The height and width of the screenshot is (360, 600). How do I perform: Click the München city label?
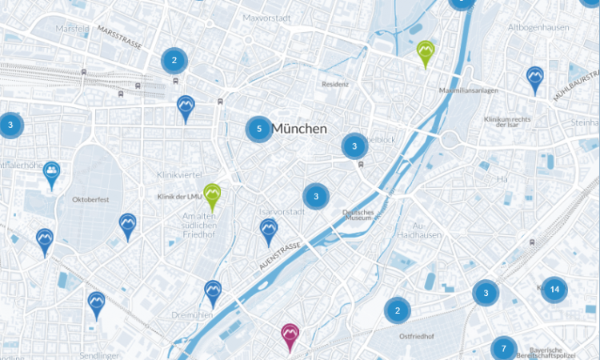point(299,129)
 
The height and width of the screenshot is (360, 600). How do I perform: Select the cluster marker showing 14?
point(554,290)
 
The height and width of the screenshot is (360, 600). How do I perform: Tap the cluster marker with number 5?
point(258,129)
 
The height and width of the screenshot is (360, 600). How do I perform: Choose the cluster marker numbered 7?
point(503,349)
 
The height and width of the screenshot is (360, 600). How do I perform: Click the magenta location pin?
point(290,334)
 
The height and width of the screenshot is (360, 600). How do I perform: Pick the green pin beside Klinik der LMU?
point(212,194)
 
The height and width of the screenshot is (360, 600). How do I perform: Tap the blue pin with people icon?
point(52,172)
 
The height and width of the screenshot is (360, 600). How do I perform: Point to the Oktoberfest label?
point(89,198)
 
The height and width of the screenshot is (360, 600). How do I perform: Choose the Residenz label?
point(335,84)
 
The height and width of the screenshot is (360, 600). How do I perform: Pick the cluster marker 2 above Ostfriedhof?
point(397,310)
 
